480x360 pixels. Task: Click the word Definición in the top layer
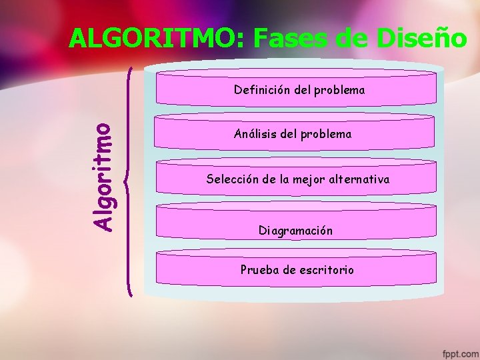pyautogui.click(x=262, y=89)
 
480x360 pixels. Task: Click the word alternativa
pyautogui.click(x=357, y=179)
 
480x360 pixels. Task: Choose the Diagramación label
pyautogui.click(x=295, y=231)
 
